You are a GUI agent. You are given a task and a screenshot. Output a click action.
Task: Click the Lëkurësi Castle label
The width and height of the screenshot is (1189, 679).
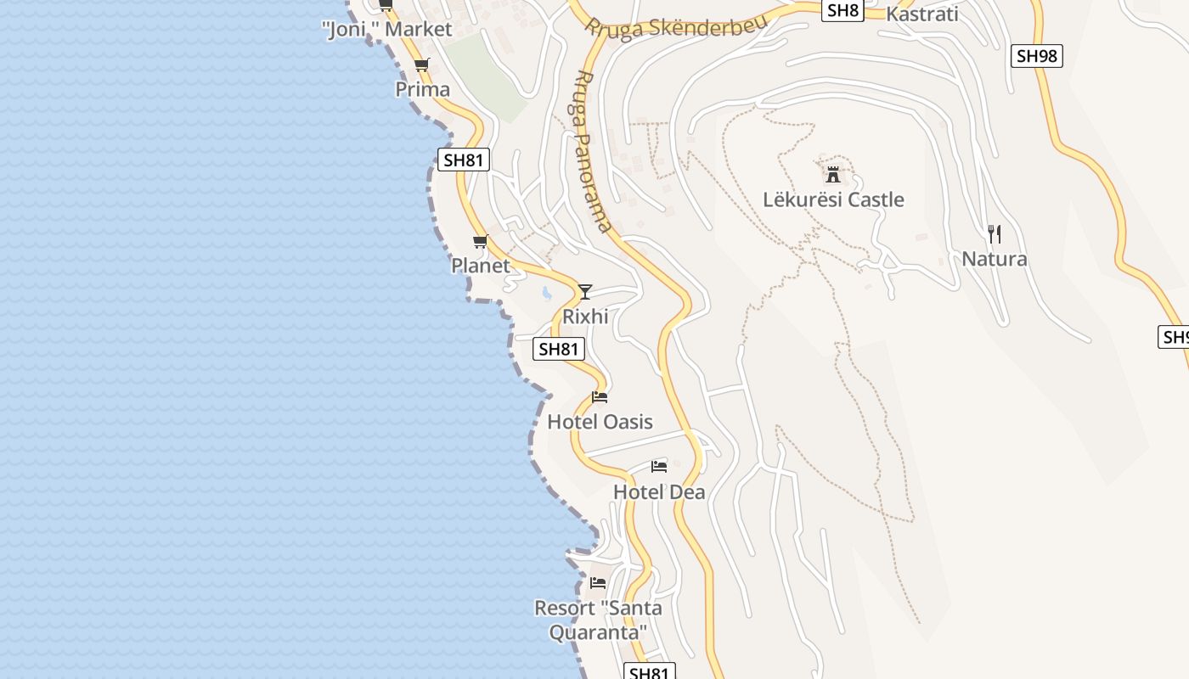tap(833, 199)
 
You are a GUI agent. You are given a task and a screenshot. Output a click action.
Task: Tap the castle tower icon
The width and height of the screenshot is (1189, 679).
tap(833, 175)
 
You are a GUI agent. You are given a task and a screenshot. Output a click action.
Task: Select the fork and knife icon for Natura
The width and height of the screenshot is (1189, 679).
tap(995, 234)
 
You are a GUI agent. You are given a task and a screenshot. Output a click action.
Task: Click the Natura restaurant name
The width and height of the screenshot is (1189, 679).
tap(995, 259)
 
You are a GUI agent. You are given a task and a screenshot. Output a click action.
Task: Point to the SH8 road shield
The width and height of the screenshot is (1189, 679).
tap(842, 10)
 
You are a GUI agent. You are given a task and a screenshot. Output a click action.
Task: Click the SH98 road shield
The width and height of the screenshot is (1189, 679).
tap(1037, 56)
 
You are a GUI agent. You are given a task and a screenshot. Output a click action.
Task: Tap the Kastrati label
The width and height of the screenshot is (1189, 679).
tap(921, 14)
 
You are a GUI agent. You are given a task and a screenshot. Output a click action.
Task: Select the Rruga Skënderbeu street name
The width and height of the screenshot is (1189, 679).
tap(675, 25)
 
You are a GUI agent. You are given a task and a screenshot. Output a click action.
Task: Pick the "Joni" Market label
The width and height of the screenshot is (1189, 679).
tap(387, 30)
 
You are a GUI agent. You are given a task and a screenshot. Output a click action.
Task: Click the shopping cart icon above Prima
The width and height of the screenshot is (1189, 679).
tap(422, 65)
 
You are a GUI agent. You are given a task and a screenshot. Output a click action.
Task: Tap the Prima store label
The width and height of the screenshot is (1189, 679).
tap(423, 89)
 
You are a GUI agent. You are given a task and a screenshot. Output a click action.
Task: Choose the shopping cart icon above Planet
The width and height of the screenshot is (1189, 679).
tap(481, 242)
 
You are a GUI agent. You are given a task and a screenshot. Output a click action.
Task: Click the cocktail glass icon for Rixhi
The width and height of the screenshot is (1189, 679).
tap(585, 292)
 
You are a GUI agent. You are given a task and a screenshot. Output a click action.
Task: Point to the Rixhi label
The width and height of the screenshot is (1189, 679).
tap(585, 317)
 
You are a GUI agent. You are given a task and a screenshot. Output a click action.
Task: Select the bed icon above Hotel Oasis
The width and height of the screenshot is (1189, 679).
tap(600, 397)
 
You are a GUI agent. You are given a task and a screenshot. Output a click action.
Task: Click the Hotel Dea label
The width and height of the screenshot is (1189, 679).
tap(659, 492)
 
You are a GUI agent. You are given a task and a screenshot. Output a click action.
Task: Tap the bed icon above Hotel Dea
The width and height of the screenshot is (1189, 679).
tap(659, 466)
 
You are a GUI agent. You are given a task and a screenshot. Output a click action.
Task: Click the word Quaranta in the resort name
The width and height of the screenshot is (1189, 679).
tap(598, 632)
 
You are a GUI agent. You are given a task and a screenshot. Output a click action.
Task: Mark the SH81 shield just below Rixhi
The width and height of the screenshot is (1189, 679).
tap(559, 348)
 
